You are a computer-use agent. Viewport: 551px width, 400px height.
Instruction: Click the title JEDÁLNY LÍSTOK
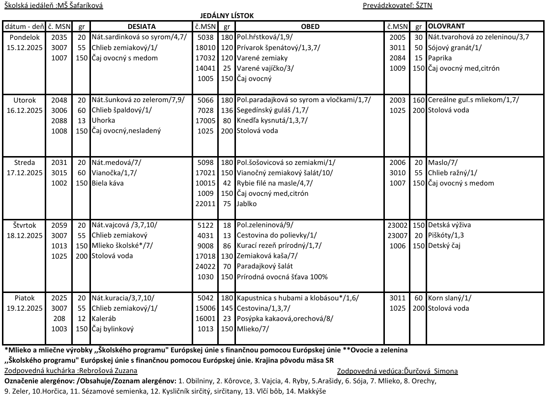pyautogui.click(x=227, y=16)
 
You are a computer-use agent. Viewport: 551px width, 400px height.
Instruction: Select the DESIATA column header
pyautogui.click(x=142, y=27)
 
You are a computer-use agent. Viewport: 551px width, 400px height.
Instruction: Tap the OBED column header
pyautogui.click(x=310, y=27)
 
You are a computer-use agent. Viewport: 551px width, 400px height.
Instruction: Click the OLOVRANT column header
pyautogui.click(x=446, y=26)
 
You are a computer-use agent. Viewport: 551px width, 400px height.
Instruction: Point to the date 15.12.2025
pyautogui.click(x=25, y=48)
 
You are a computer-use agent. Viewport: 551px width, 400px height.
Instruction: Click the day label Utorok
pyautogui.click(x=25, y=100)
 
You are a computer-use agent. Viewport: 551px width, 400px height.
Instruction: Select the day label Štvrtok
pyautogui.click(x=25, y=225)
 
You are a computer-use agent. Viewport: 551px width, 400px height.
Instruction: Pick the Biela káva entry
pyautogui.click(x=108, y=184)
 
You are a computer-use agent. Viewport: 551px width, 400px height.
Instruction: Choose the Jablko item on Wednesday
pyautogui.click(x=247, y=204)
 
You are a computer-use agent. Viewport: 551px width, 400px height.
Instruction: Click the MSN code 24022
pyautogui.click(x=205, y=267)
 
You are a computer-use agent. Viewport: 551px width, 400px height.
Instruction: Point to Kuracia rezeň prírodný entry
pyautogui.click(x=279, y=246)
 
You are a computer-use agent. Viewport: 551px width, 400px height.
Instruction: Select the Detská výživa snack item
pyautogui.click(x=449, y=225)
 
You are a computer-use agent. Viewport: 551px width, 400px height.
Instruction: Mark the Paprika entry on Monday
pyautogui.click(x=440, y=58)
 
